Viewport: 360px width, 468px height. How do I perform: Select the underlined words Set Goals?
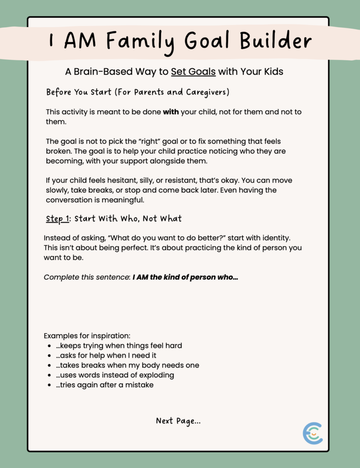(x=193, y=72)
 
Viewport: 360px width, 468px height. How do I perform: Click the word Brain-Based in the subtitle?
(x=102, y=72)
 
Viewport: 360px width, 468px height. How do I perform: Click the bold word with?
(x=171, y=112)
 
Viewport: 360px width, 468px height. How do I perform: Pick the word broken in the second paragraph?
(x=59, y=151)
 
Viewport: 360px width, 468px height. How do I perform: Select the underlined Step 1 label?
(x=57, y=219)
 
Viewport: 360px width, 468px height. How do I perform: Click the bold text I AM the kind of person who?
(x=185, y=277)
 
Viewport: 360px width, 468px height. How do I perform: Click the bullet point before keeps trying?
(x=49, y=346)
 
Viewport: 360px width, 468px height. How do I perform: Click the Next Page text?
(x=178, y=421)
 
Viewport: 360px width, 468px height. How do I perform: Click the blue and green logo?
(x=312, y=433)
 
